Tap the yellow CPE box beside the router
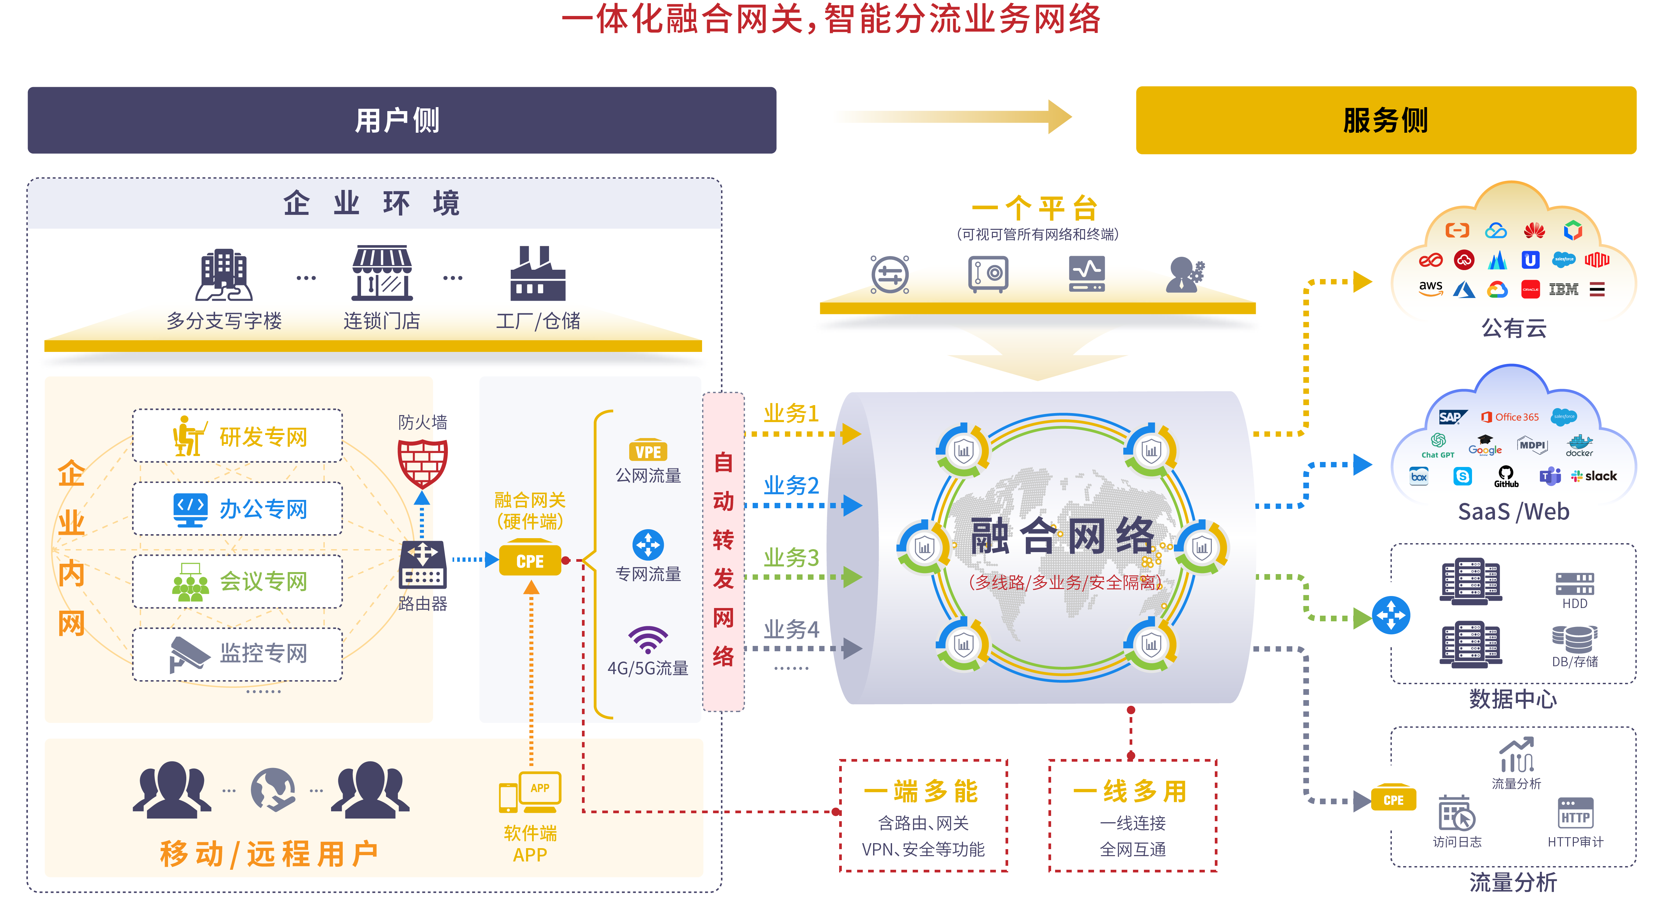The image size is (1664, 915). click(530, 560)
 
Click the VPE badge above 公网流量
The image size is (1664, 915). click(648, 451)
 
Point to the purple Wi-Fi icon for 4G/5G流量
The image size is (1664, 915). click(648, 639)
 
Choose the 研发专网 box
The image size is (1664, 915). click(237, 436)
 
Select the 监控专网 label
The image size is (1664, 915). click(263, 654)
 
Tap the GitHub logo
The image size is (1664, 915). click(1506, 477)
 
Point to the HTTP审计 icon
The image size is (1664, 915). click(1575, 814)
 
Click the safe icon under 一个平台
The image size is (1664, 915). click(988, 274)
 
